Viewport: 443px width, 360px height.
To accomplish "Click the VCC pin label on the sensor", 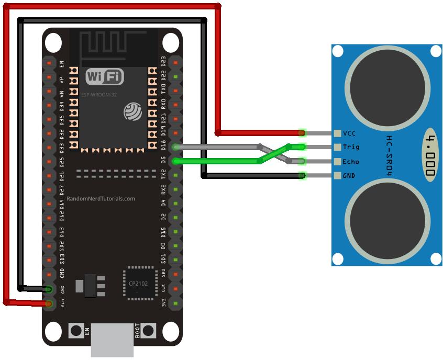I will pos(349,133).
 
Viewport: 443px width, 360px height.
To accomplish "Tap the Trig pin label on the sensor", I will pos(350,147).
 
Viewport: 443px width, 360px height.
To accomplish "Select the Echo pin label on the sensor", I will pos(350,161).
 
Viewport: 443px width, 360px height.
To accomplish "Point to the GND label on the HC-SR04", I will pos(349,175).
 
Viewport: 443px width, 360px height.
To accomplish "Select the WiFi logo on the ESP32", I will pos(105,77).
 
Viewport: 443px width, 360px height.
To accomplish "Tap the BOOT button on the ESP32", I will pos(149,330).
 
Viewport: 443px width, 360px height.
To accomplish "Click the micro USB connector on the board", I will pos(112,340).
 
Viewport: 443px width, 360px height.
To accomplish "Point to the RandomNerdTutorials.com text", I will pos(101,199).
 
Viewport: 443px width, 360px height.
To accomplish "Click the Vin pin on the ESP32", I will pos(49,303).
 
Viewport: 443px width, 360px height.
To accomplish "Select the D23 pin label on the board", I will pos(163,62).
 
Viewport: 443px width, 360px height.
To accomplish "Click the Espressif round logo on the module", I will pos(131,111).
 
